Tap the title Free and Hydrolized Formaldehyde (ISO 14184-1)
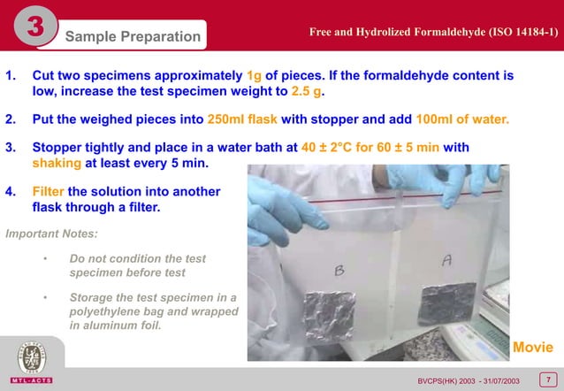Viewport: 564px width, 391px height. coord(433,33)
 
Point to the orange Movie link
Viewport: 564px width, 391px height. coord(533,344)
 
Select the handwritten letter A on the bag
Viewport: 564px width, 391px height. coord(448,261)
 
